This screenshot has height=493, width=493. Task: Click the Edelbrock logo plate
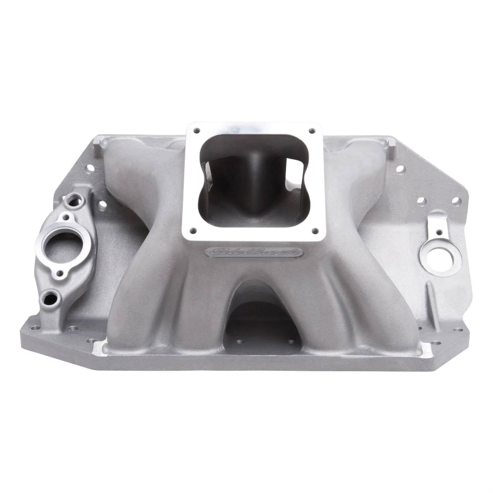(x=254, y=252)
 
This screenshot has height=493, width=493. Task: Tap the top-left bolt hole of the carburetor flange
(x=196, y=131)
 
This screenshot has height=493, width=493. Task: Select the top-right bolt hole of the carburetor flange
(x=311, y=130)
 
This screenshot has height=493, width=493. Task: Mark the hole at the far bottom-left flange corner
(x=33, y=328)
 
